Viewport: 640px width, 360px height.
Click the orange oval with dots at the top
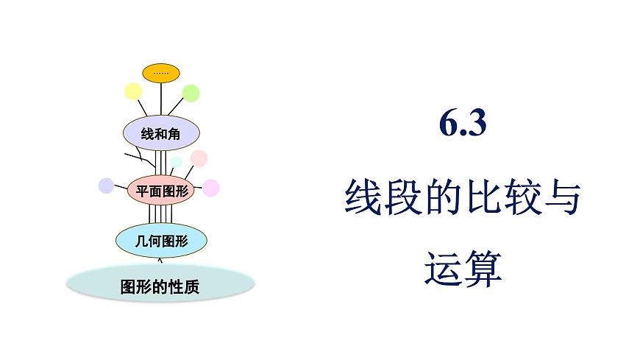pyautogui.click(x=161, y=73)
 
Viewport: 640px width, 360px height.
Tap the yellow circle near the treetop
pyautogui.click(x=133, y=91)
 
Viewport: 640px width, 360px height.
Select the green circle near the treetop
pyautogui.click(x=191, y=93)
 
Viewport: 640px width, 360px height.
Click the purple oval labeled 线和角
pyautogui.click(x=160, y=133)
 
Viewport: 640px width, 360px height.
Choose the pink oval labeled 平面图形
pyautogui.click(x=162, y=191)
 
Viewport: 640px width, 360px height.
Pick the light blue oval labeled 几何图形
pyautogui.click(x=161, y=239)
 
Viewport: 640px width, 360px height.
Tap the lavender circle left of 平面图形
pyautogui.click(x=106, y=186)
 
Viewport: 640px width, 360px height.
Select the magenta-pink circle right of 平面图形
pyautogui.click(x=211, y=188)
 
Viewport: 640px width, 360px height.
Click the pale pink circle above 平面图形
pyautogui.click(x=199, y=158)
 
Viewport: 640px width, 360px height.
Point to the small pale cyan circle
pyautogui.click(x=176, y=163)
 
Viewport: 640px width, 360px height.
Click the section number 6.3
pyautogui.click(x=463, y=124)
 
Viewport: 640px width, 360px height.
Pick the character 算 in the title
pyautogui.click(x=483, y=269)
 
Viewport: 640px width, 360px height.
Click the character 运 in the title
pyautogui.click(x=444, y=269)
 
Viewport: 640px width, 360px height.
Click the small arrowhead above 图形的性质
pyautogui.click(x=161, y=258)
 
